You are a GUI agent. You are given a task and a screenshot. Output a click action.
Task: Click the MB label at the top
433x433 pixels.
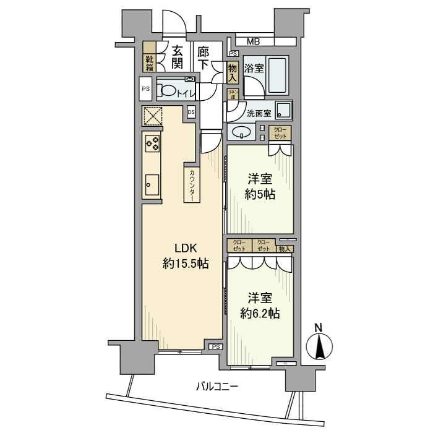point(254,42)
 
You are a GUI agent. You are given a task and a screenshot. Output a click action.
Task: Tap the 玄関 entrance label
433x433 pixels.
point(177,56)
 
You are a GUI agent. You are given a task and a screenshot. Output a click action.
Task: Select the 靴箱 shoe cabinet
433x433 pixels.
point(150,60)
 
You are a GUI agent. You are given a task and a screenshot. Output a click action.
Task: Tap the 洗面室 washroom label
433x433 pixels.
point(259,114)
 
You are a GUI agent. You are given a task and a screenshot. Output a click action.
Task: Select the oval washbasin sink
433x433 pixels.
point(241,132)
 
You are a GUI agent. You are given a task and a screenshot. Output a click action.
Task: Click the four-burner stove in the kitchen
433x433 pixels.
point(152,144)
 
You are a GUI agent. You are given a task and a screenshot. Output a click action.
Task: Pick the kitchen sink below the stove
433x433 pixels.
point(152,184)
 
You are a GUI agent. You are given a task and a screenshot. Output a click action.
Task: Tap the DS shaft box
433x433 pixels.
point(191,112)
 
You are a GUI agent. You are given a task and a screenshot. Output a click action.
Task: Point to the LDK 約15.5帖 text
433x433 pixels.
point(185,255)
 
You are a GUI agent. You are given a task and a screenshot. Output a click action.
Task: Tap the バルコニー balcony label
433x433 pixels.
point(217,387)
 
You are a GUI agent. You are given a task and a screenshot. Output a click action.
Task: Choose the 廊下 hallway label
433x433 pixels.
point(203,56)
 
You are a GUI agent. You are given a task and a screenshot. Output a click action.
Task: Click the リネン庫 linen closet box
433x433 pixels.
point(234,94)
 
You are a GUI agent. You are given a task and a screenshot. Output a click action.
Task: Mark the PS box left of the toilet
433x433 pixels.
point(146,89)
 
